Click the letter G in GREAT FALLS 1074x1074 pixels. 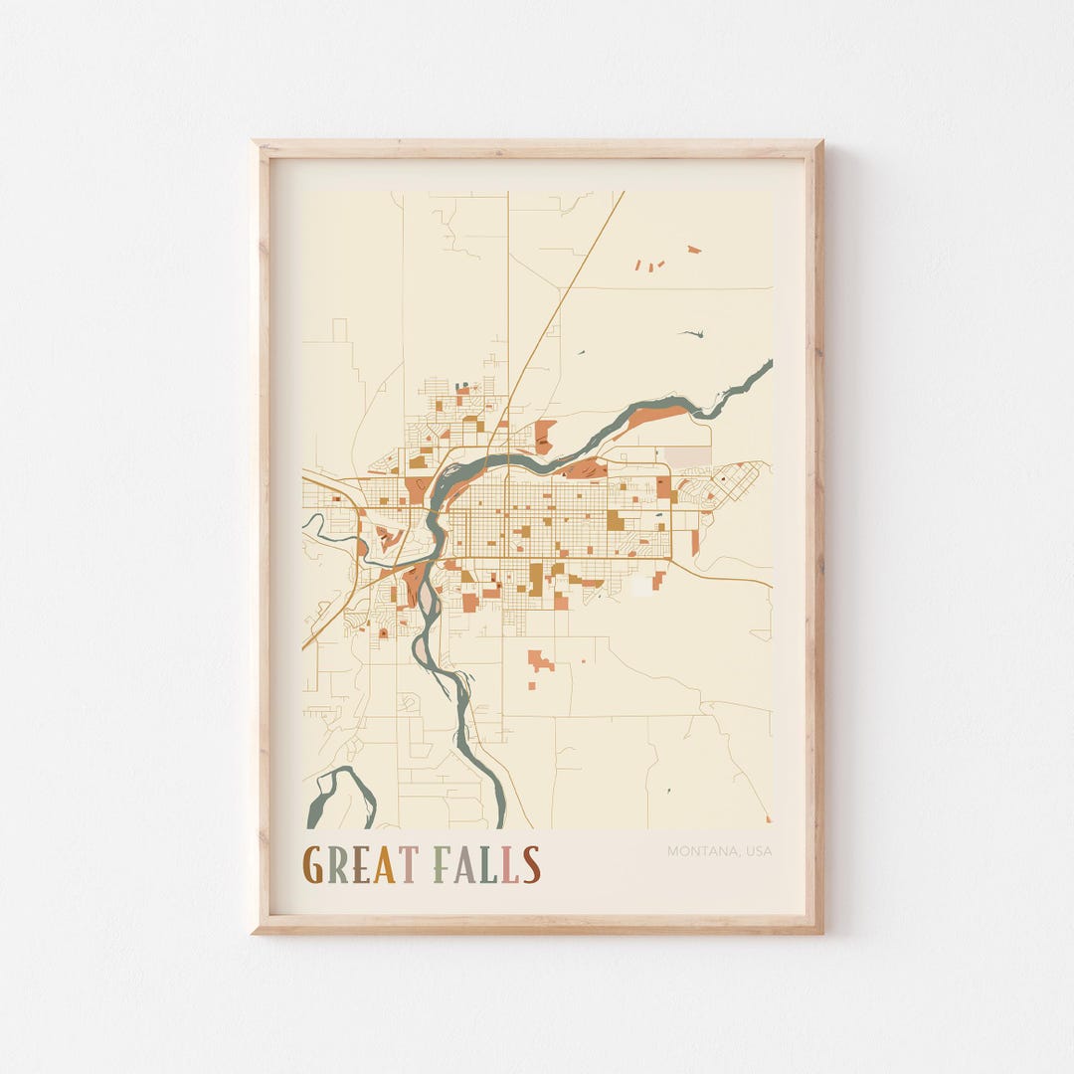[313, 864]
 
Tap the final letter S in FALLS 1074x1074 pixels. [531, 864]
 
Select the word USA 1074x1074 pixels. [759, 851]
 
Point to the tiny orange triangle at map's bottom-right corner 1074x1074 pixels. [767, 818]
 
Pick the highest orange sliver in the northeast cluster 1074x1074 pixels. [693, 249]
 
